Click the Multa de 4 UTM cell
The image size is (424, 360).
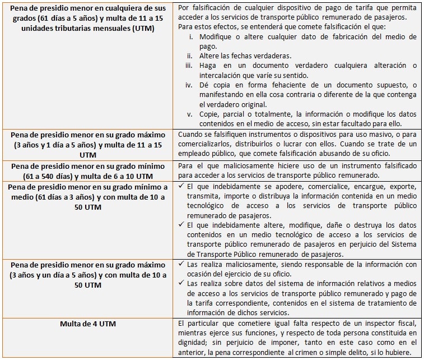pyautogui.click(x=88, y=324)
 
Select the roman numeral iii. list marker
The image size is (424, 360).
pyautogui.click(x=189, y=66)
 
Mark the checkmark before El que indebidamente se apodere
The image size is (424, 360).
pyautogui.click(x=181, y=186)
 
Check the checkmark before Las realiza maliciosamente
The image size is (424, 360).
pyautogui.click(x=181, y=264)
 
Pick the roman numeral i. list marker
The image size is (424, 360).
pyautogui.click(x=190, y=38)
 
